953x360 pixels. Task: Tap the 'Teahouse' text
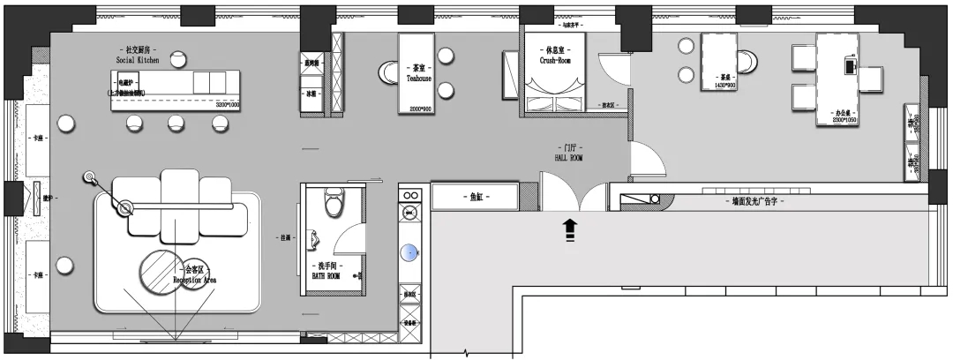[x=417, y=79]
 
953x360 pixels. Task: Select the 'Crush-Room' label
[x=556, y=62]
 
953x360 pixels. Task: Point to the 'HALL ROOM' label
[x=568, y=158]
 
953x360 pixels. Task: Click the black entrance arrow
[x=569, y=229]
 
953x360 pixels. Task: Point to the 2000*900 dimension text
[x=417, y=109]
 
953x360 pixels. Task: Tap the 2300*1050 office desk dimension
[x=844, y=120]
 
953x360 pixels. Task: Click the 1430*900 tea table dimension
[x=724, y=86]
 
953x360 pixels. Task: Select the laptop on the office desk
[x=852, y=64]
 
